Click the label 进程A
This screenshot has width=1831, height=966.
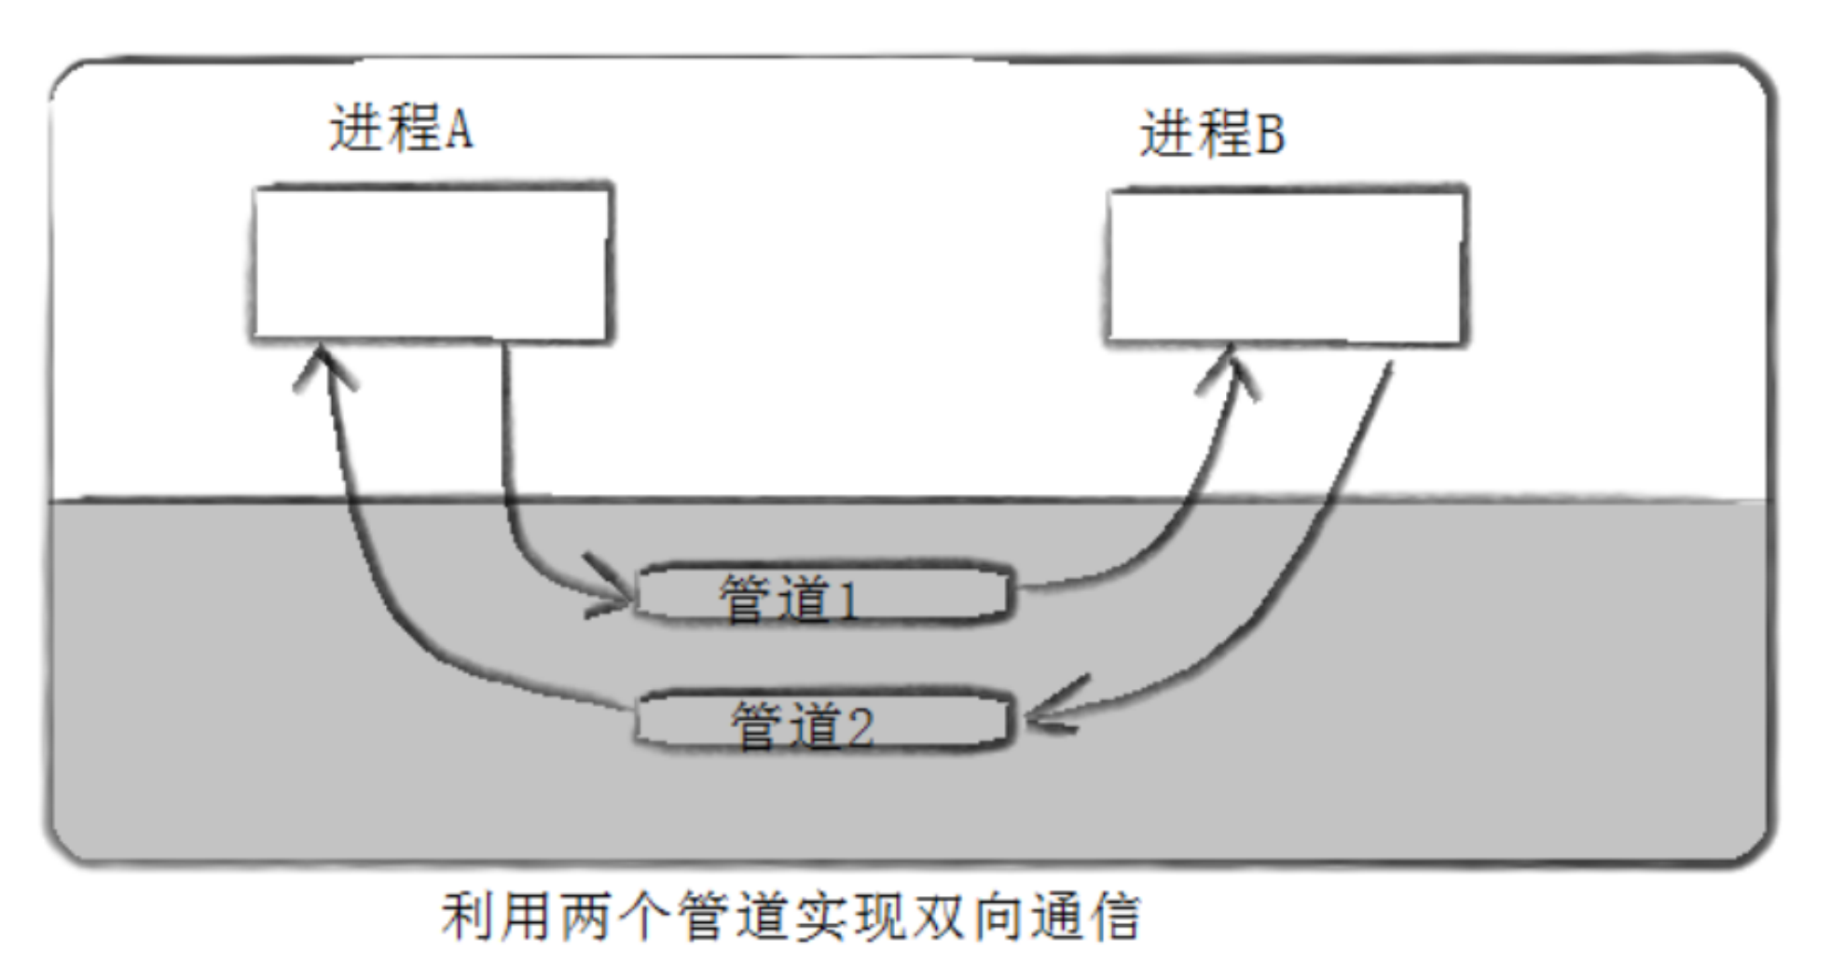click(401, 128)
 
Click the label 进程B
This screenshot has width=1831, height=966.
click(1212, 133)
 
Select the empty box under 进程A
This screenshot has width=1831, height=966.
click(432, 263)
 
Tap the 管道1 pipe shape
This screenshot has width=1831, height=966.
click(820, 594)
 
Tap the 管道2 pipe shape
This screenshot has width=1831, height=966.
click(820, 721)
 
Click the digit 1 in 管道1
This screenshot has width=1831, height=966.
click(847, 600)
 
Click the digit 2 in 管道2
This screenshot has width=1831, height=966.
click(859, 727)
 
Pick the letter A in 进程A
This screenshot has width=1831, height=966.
click(458, 129)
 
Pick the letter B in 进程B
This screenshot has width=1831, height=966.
click(1270, 134)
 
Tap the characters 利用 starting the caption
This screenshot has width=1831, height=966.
click(494, 917)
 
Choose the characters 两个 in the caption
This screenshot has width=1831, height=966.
click(612, 917)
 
